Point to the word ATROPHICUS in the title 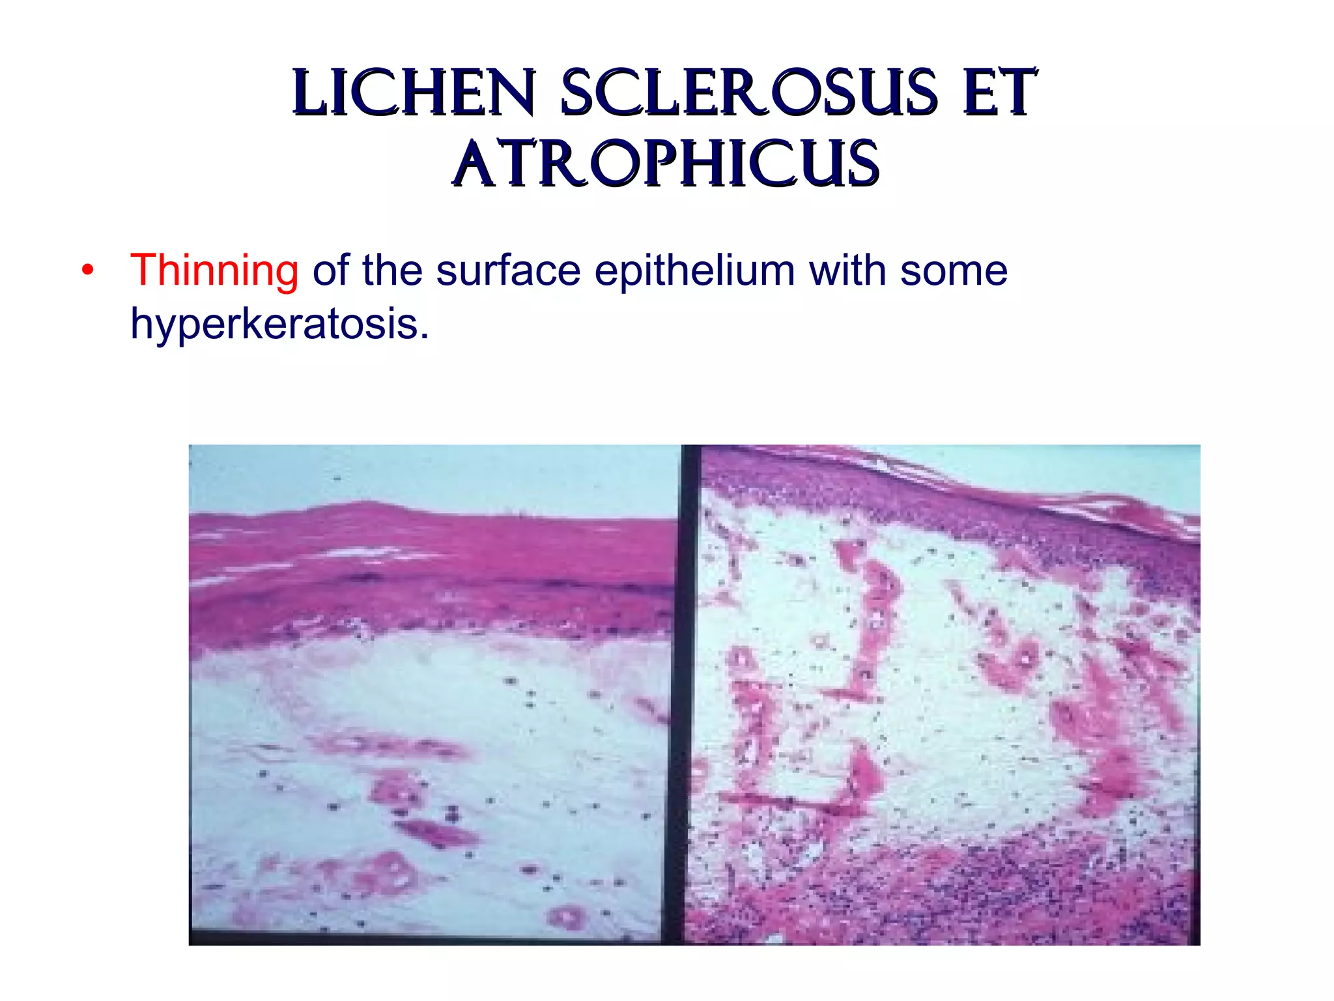[666, 164]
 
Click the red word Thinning [214, 270]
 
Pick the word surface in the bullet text [508, 270]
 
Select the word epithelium [694, 270]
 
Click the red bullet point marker [88, 270]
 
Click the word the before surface [392, 270]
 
